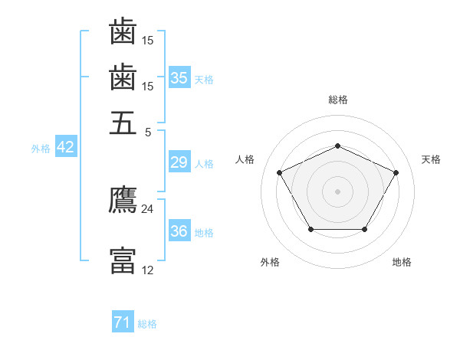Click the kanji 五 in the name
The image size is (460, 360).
tap(123, 123)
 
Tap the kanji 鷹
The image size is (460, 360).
tap(123, 199)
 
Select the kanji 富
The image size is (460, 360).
tap(123, 260)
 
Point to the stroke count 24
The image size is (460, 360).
tap(147, 209)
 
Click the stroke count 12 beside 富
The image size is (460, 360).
tap(147, 270)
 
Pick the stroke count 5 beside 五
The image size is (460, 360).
tap(148, 133)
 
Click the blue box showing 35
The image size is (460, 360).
tap(179, 77)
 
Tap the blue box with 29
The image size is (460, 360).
tap(179, 162)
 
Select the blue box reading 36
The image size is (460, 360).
tap(179, 230)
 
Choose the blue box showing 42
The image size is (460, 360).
tap(66, 146)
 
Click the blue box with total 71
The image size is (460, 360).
tap(123, 321)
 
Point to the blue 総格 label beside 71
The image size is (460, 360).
tap(147, 324)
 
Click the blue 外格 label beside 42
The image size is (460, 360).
tap(41, 149)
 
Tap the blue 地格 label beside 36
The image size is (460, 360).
tap(204, 233)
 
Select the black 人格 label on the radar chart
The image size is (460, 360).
tap(245, 159)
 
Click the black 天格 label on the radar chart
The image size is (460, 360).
tap(431, 159)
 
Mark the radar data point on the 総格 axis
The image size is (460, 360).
tap(337, 146)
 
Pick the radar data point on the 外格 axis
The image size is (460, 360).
tap(311, 229)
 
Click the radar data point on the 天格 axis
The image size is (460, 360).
tap(396, 172)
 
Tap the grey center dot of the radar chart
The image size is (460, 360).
tap(337, 191)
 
